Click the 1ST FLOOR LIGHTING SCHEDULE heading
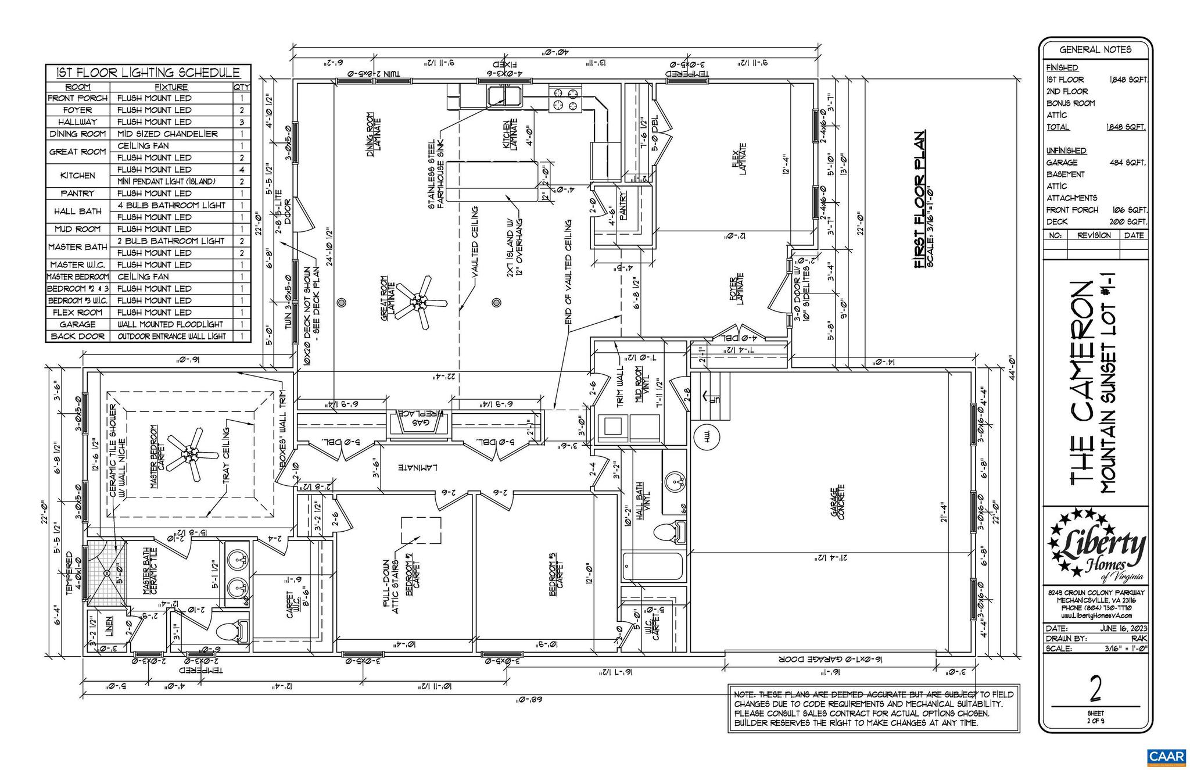point(148,73)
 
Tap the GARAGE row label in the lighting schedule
point(77,324)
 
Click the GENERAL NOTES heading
point(1095,49)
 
